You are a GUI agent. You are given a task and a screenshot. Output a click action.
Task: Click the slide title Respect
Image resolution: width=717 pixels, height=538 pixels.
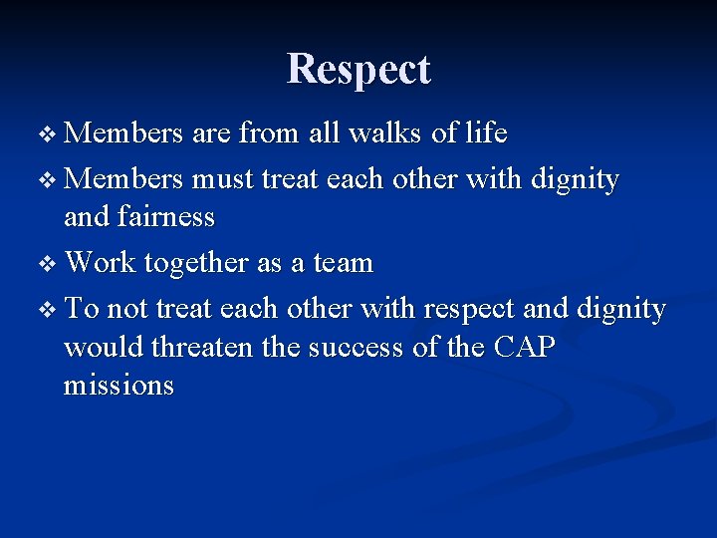click(358, 70)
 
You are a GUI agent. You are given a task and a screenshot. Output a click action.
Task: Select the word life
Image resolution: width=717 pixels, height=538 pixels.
click(485, 133)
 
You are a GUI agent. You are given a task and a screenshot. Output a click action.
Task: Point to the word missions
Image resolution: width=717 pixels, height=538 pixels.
click(119, 385)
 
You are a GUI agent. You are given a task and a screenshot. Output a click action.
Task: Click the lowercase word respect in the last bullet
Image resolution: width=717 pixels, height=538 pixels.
click(465, 311)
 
